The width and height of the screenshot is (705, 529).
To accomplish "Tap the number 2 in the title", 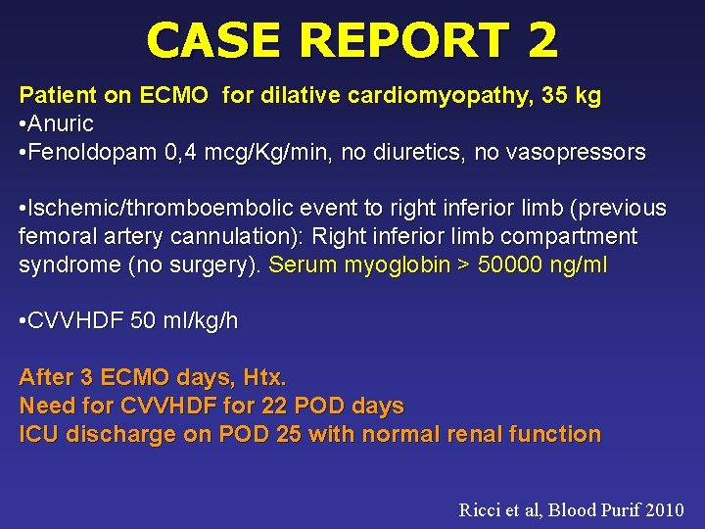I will (541, 40).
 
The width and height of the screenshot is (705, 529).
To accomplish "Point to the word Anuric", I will (61, 124).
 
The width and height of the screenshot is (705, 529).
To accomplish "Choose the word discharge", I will (109, 434).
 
